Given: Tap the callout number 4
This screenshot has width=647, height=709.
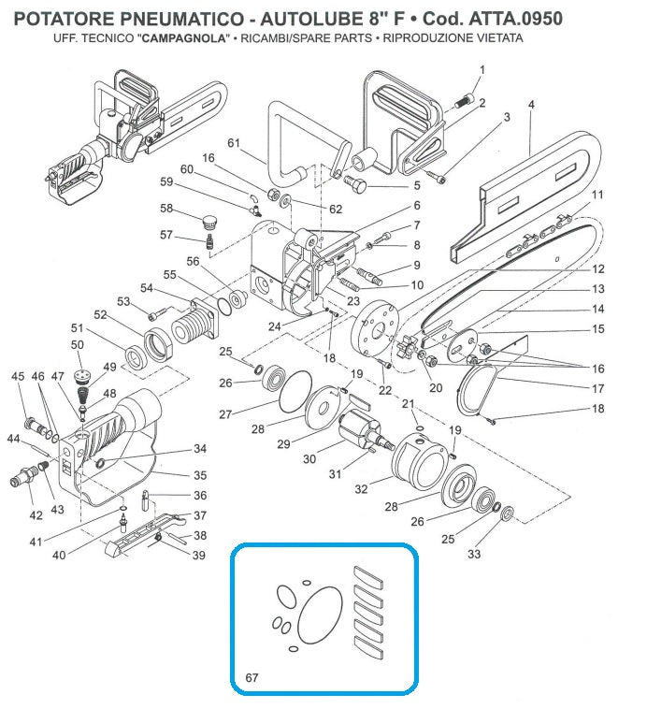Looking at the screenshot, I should pyautogui.click(x=531, y=105).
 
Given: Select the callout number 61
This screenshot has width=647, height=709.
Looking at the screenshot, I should pyautogui.click(x=234, y=143).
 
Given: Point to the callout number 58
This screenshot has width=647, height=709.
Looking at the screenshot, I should pyautogui.click(x=166, y=208).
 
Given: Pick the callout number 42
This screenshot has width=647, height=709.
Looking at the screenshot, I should pyautogui.click(x=36, y=514).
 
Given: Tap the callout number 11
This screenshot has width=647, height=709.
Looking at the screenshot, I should pyautogui.click(x=597, y=195).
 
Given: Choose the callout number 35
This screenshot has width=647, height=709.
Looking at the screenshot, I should pyautogui.click(x=199, y=475).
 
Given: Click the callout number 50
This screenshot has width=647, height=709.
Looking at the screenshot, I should pyautogui.click(x=77, y=345).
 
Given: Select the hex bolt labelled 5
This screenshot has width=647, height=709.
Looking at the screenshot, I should pyautogui.click(x=358, y=180).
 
